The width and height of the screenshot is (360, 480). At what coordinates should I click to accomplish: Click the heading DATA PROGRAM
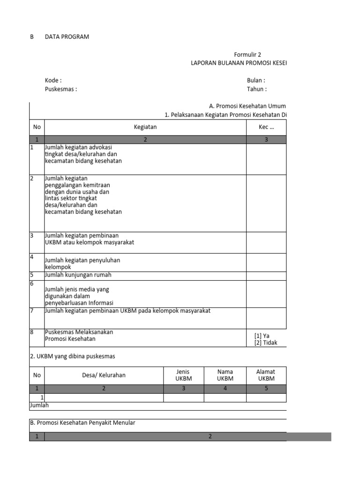click(x=67, y=37)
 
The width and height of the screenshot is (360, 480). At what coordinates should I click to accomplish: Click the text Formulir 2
click(x=247, y=55)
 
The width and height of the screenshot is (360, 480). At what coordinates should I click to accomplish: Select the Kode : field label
click(x=53, y=81)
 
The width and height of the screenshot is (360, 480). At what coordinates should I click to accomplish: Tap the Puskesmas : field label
click(x=61, y=89)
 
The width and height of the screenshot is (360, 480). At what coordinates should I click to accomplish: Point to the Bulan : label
click(x=256, y=81)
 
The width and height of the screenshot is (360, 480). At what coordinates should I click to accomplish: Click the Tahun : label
click(x=257, y=89)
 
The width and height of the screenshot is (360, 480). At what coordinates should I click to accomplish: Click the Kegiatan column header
click(x=145, y=127)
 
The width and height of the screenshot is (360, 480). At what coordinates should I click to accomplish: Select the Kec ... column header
click(x=266, y=127)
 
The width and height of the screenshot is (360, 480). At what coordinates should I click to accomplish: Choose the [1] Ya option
click(x=262, y=336)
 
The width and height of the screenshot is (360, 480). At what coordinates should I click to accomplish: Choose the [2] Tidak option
click(x=265, y=343)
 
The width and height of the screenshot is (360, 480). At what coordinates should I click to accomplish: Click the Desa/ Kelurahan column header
click(x=104, y=375)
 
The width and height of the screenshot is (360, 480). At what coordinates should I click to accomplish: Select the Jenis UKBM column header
click(x=183, y=375)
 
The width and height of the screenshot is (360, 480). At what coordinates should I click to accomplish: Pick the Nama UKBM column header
click(x=225, y=375)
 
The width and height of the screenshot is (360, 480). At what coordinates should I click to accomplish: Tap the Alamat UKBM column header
click(x=266, y=375)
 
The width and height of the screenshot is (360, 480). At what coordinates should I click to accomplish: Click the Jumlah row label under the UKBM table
click(x=39, y=405)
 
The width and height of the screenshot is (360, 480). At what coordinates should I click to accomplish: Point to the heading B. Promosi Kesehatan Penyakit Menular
click(x=82, y=423)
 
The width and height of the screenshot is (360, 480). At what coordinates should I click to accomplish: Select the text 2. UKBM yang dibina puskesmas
click(x=72, y=356)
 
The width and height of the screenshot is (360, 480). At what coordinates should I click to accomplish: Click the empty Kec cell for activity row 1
click(x=266, y=159)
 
